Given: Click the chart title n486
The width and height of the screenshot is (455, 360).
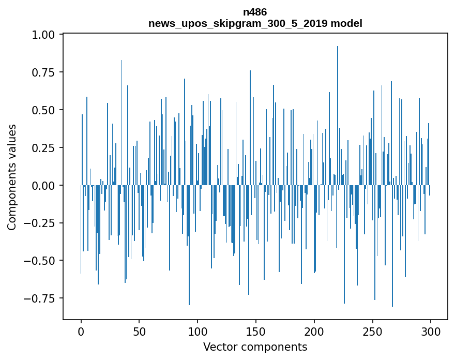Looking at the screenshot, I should click(255, 12).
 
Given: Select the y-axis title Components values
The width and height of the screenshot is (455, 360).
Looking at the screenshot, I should click(12, 177).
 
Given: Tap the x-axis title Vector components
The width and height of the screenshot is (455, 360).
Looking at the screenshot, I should click(255, 347).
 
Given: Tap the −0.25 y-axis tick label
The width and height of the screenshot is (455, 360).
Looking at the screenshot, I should click(41, 223).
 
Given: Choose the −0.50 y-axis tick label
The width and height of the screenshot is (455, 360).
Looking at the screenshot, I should click(41, 260).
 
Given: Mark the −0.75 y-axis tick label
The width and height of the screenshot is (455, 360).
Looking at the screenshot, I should click(41, 298).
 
